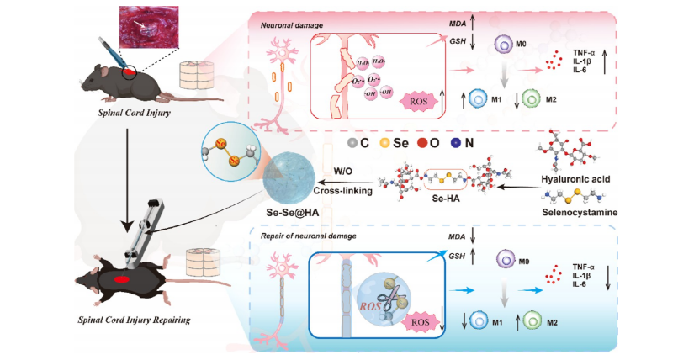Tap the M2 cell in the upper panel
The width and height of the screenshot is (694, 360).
(532, 99)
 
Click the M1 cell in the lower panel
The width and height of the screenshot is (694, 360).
(477, 320)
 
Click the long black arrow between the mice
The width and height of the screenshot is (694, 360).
(125, 184)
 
